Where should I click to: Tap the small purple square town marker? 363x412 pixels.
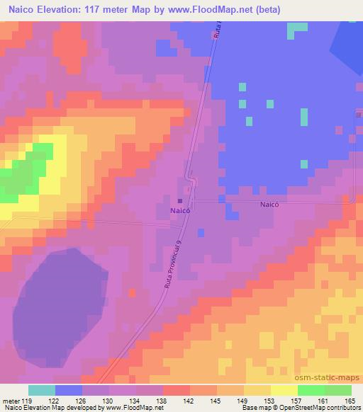tap(180, 202)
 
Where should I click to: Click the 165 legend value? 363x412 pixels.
tap(349, 400)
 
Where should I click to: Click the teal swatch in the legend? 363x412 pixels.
tap(42, 390)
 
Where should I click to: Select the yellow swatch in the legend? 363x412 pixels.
tap(284, 390)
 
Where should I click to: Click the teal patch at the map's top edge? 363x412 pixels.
tap(298, 29)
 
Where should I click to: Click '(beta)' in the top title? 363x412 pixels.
tap(264, 10)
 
